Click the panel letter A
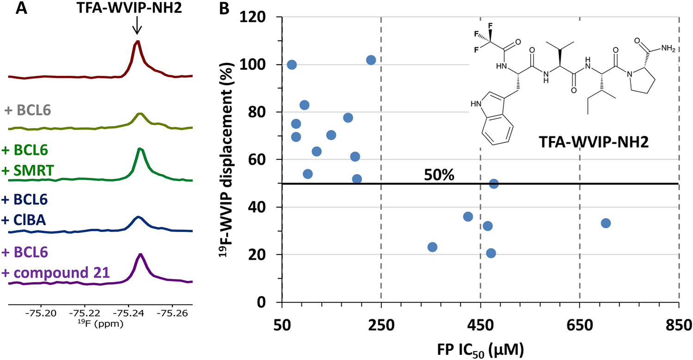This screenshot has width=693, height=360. point(22,9)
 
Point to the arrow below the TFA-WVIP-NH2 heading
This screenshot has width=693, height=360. point(136,29)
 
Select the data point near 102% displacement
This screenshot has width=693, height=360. point(371,60)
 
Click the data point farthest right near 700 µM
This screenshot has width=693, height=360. point(606,223)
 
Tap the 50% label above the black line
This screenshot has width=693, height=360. point(439,176)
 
